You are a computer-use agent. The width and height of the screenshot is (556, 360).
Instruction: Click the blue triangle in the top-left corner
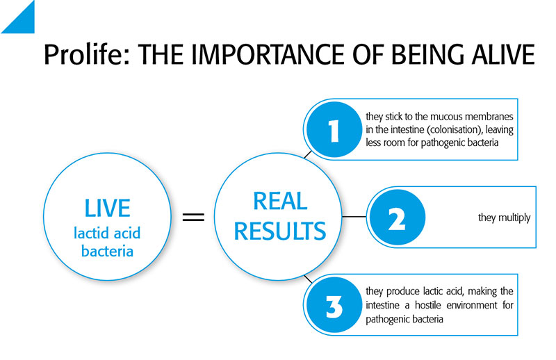(x=23, y=22)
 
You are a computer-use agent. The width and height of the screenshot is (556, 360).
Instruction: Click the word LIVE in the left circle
(x=107, y=208)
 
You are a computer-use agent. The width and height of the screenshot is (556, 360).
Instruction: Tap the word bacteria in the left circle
(x=107, y=251)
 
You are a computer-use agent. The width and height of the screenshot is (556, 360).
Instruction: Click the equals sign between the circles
(x=193, y=217)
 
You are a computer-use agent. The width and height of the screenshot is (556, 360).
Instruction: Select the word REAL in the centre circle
(x=280, y=201)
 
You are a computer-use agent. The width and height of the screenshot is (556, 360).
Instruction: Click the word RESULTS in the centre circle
(x=280, y=231)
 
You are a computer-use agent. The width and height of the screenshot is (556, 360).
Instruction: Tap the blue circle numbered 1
(x=334, y=129)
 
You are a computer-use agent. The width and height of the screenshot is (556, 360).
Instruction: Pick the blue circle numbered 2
(x=397, y=217)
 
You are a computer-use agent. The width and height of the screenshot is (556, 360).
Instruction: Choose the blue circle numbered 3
(x=334, y=305)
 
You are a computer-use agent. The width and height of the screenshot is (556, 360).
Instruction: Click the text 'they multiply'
(x=505, y=218)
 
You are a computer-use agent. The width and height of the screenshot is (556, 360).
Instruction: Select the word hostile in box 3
(x=428, y=305)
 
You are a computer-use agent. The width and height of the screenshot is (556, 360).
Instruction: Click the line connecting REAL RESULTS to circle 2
(x=354, y=216)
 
